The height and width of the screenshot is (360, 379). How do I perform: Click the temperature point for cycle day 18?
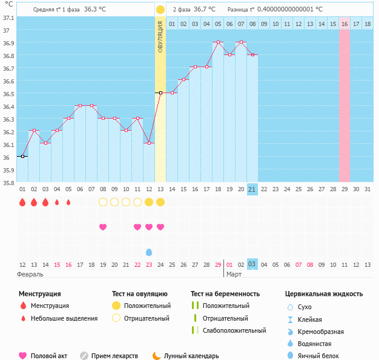(219, 42)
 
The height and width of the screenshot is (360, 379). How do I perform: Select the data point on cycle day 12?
(149, 143)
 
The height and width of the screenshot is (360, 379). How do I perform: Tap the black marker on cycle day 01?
(22, 156)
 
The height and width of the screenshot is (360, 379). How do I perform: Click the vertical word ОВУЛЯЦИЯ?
(160, 37)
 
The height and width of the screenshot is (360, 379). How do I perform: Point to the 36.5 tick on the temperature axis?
(6, 94)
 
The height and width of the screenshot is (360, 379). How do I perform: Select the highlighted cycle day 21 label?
(252, 189)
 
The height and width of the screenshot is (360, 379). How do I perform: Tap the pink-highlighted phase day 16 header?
(344, 24)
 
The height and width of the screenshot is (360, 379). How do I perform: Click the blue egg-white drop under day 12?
(149, 252)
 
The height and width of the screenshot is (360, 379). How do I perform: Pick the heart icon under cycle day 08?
(103, 227)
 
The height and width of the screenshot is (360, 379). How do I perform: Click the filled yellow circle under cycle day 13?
(160, 202)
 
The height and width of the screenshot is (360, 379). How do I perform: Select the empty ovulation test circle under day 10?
(126, 202)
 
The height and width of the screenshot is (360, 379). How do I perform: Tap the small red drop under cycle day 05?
(68, 202)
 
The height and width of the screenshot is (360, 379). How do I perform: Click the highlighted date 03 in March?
(252, 264)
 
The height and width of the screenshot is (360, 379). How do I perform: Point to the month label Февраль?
(30, 275)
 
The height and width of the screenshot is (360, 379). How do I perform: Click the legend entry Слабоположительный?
(234, 330)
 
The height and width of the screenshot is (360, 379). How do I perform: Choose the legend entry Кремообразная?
(320, 332)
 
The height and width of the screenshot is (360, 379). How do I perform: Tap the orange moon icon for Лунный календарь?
(157, 356)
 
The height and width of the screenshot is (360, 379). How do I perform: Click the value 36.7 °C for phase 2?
(205, 9)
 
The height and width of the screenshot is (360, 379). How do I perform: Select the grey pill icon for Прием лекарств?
(84, 356)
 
